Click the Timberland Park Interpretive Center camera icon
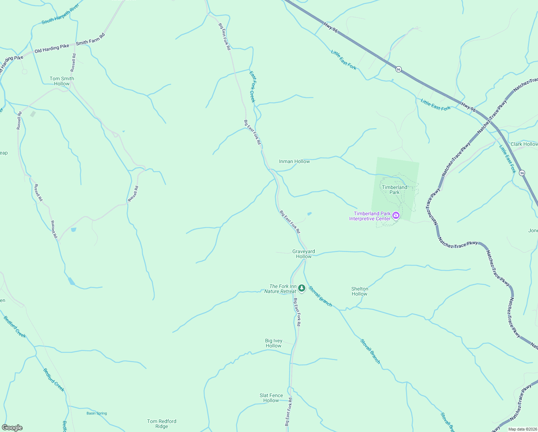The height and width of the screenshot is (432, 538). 396,216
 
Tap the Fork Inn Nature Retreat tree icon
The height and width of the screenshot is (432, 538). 302,288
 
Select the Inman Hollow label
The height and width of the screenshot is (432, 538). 294,161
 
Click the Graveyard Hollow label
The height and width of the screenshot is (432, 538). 304,254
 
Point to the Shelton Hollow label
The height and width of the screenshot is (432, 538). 360,291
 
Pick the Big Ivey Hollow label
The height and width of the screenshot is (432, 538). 274,343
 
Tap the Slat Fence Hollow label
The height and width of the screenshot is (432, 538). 271,398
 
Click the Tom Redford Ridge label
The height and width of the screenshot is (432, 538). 161,424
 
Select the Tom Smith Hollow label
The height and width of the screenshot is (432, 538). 62,81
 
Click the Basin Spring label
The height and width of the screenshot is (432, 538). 97,413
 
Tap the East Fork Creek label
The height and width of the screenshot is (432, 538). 252,86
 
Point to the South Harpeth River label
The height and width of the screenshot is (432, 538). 60,14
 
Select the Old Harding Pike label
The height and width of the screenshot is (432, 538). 52,48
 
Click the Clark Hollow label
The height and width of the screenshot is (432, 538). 524,144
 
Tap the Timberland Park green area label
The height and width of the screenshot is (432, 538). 395,190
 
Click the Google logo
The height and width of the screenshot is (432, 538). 12,427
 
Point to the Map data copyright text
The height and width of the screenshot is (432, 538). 522,429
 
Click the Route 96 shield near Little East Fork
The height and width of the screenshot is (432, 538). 398,69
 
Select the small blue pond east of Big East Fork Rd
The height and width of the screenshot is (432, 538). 309,214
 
